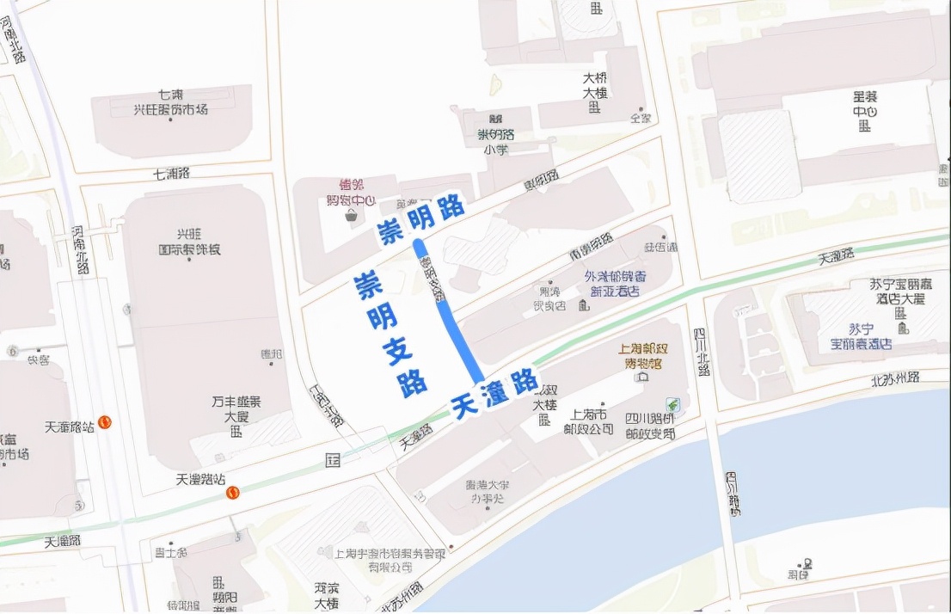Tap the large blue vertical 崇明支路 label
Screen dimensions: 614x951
pos(392,334)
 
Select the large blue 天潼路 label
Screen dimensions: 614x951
pos(494,393)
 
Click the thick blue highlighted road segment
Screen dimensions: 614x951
pos(447,313)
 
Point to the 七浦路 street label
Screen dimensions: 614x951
pos(171,174)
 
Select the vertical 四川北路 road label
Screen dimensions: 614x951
pos(703,353)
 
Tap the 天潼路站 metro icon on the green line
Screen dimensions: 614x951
pos(232,492)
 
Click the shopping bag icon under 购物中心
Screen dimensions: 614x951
pos(351,217)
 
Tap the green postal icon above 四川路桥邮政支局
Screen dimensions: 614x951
pos(672,404)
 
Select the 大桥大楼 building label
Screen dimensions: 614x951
pos(595,86)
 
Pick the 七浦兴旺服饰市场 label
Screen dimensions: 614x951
pos(170,102)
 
